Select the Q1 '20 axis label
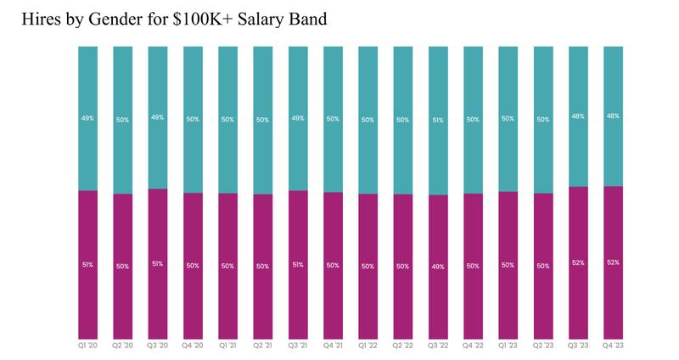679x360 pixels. coord(88,346)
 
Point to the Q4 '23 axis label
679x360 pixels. coord(613,346)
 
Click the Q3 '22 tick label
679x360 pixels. coord(438,346)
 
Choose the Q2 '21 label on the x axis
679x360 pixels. coord(263,346)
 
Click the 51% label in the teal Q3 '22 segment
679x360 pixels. coord(438,120)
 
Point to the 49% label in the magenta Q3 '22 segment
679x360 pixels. coord(438,266)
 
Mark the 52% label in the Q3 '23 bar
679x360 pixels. coord(578,262)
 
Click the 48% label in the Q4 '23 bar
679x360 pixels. coord(613,116)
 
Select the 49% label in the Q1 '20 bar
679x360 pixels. coord(88,118)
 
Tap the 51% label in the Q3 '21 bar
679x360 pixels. coord(298,265)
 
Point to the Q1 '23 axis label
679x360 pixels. coord(508,346)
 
